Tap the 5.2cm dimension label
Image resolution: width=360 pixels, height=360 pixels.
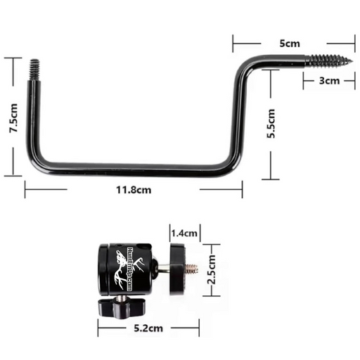[148, 328]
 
